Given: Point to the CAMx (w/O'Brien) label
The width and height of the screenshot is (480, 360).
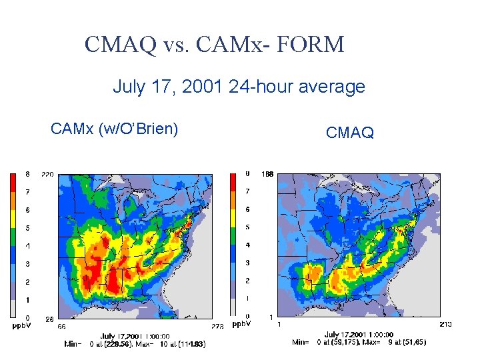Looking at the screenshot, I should (114, 129).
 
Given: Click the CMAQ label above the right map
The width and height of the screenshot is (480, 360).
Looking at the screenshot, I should (350, 133).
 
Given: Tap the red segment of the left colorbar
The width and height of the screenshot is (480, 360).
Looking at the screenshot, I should (15, 182).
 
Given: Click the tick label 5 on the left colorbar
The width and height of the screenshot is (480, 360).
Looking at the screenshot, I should (27, 228).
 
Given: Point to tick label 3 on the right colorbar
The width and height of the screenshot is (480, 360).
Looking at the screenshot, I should (247, 263).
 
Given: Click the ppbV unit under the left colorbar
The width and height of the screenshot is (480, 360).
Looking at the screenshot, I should (20, 326).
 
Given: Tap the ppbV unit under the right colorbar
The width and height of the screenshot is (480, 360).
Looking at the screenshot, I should (241, 325).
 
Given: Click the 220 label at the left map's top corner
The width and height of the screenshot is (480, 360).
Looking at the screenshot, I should (47, 174).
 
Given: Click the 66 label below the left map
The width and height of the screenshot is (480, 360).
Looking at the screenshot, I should (61, 326).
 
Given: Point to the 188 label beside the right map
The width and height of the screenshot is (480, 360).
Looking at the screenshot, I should (267, 175).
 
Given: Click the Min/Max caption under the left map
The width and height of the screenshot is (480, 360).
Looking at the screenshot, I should (135, 344).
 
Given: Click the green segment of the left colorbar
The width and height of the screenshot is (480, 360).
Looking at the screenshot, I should (15, 236).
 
